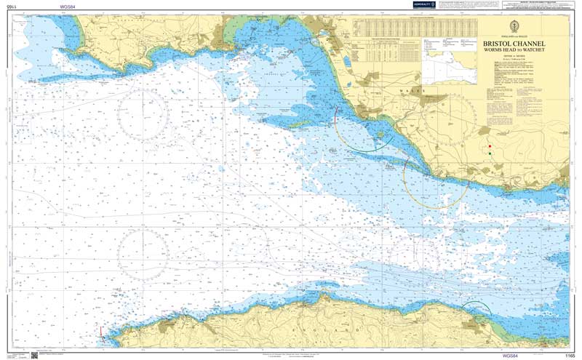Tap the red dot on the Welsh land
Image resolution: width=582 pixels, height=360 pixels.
[490, 146]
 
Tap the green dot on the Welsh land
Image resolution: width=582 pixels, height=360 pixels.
[490, 153]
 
